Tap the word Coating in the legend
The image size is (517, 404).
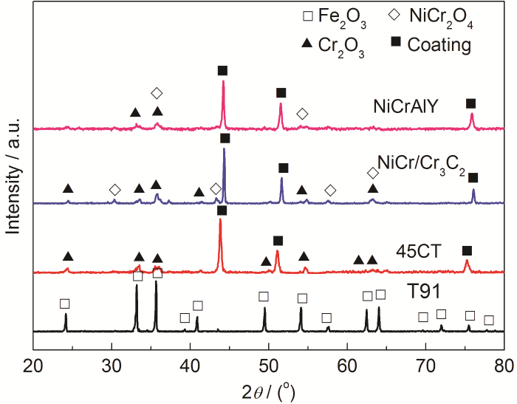[x=442, y=45]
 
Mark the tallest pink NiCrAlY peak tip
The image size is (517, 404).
[x=223, y=81]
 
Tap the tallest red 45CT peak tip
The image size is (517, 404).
[x=220, y=219]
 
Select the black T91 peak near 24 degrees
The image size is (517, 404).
[x=66, y=314]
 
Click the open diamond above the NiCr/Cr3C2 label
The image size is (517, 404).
[x=373, y=172]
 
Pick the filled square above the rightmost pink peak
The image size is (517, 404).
[x=471, y=103]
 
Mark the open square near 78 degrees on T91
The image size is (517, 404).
[x=488, y=321]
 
